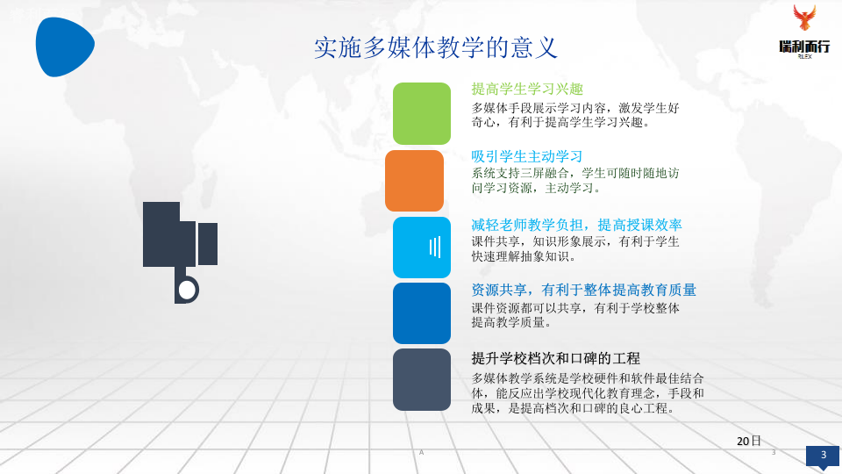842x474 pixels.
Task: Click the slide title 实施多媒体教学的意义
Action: (x=436, y=47)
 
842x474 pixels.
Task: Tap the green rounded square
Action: (x=421, y=113)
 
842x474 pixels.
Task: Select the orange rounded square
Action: (x=414, y=181)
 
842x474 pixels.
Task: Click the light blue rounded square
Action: (x=421, y=247)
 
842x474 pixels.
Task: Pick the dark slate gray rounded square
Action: (x=421, y=379)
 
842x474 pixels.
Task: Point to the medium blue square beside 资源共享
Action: (x=421, y=312)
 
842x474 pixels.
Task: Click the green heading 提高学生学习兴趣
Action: (x=527, y=89)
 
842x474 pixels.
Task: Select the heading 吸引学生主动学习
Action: (x=527, y=155)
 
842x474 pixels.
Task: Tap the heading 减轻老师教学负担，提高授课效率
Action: (x=576, y=223)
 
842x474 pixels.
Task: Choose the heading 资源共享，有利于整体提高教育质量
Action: (x=583, y=290)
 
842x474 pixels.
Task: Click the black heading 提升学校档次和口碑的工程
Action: (x=556, y=358)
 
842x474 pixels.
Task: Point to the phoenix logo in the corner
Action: (x=803, y=18)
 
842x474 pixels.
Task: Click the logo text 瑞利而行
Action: (x=804, y=47)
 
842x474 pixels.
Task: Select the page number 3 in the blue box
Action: (x=823, y=455)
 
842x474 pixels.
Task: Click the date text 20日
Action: (x=749, y=441)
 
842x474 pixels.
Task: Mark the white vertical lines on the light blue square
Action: (x=434, y=247)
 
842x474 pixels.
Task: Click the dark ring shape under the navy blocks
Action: (x=187, y=289)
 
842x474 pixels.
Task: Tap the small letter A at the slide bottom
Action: (x=422, y=451)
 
